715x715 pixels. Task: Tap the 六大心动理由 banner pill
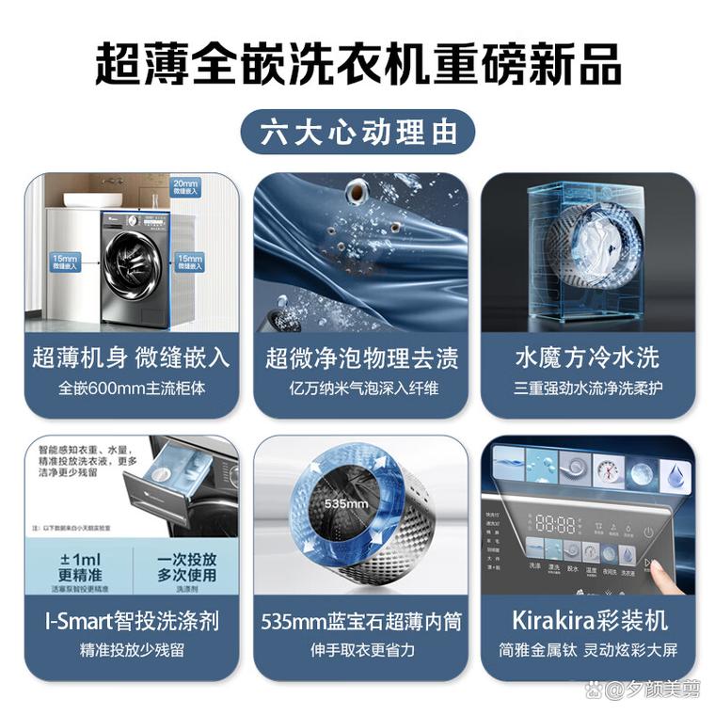[x=357, y=132]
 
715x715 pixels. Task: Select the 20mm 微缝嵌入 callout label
[x=186, y=186]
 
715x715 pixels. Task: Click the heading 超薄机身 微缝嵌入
[x=131, y=357]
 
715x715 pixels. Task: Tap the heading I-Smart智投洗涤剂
[x=131, y=621]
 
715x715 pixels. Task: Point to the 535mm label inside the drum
[x=342, y=503]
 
